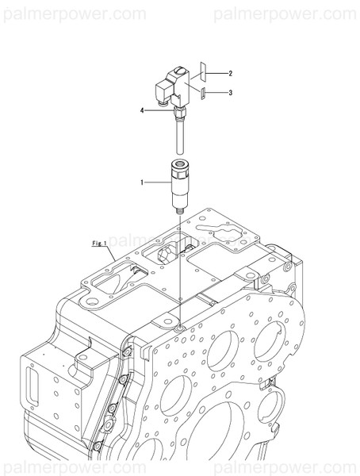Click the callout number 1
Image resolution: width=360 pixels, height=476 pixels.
143,182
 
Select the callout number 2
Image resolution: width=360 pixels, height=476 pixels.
229,74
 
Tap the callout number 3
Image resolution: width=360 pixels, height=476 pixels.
229,93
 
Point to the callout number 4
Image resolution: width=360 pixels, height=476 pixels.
143,111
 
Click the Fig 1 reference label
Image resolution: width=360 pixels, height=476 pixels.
99,243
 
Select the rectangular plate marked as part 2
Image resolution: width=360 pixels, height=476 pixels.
202,70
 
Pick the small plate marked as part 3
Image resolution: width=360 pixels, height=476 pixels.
203,93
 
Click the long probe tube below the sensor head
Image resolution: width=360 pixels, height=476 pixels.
180,135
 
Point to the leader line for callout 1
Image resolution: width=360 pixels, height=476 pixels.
157,182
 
